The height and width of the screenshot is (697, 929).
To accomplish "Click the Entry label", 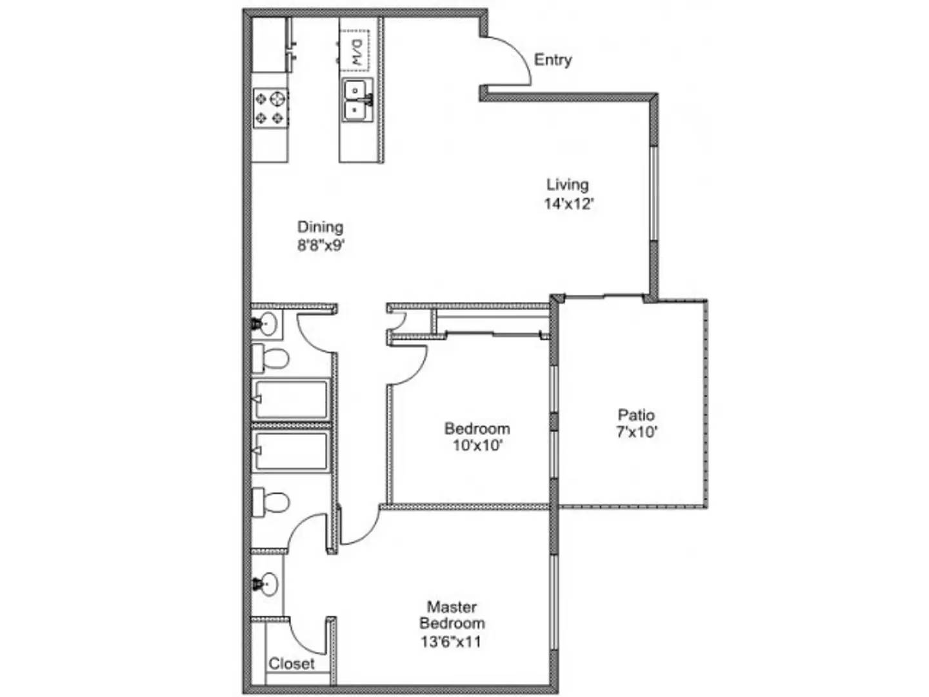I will coord(553,60).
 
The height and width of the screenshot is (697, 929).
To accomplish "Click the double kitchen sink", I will coord(357,100).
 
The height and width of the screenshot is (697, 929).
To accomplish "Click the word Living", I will coord(567,185).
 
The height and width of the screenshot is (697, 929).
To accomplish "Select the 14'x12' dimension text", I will coord(568,204).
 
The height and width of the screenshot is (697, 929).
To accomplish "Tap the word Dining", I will coord(320,227).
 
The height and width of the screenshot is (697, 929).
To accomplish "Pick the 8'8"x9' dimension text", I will coord(321,245).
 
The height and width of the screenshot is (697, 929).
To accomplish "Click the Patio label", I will coord(636,415).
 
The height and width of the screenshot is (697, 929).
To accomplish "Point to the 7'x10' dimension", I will coord(637,432).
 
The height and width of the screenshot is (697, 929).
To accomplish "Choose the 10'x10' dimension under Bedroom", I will coord(477,445).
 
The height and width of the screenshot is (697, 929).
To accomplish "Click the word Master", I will coord(452,607).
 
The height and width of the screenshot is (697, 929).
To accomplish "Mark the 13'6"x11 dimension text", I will coord(451,642).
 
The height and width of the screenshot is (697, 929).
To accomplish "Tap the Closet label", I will coord(292,663).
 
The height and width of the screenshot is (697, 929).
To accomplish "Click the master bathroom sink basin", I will coord(267,584).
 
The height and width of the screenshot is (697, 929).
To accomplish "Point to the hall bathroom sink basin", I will coord(266,323).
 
